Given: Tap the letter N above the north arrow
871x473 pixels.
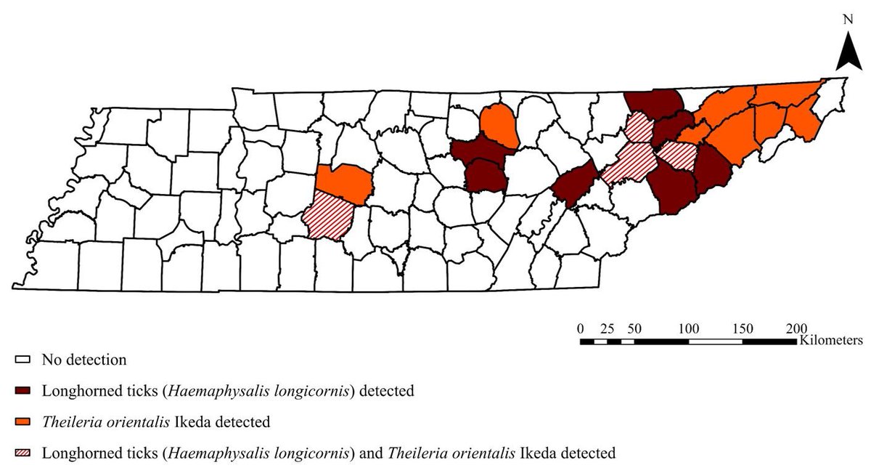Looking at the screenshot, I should point(847,20).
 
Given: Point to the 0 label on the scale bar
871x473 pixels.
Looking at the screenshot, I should point(580,328).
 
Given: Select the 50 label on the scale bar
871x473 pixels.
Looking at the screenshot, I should point(634,328).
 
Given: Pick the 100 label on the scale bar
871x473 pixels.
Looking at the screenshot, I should point(688,328).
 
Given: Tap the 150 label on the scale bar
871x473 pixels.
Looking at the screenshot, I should point(743,328).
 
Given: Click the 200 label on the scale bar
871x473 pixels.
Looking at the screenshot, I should point(796,328).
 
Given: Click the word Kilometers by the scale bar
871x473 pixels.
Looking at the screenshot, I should point(831,340).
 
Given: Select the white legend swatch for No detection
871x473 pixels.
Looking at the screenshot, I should point(23,360).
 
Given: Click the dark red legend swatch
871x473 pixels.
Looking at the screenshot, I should point(23,391).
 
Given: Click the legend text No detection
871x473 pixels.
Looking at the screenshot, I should point(84,360).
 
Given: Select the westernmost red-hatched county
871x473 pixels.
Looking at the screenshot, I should point(330,217).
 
